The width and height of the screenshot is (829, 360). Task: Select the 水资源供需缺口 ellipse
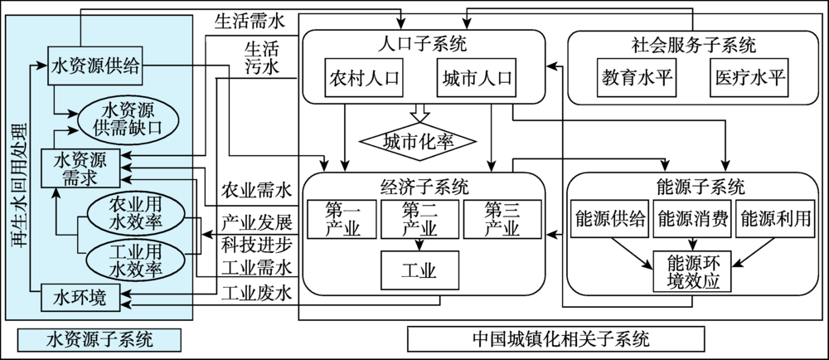click(128, 119)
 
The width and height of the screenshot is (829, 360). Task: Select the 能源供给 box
click(608, 219)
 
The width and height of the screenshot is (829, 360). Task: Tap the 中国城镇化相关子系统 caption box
click(555, 338)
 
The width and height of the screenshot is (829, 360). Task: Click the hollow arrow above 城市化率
click(419, 113)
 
